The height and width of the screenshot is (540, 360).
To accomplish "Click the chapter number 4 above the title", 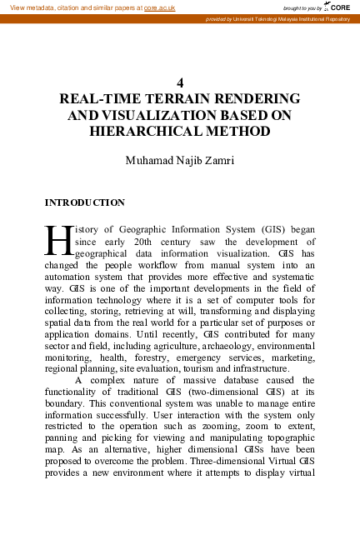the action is pyautogui.click(x=180, y=82).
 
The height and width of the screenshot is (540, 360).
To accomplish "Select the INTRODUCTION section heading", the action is pyautogui.click(x=85, y=202).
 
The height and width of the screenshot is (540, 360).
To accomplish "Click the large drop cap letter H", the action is pyautogui.click(x=57, y=238).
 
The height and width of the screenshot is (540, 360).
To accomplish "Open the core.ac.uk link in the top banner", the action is pyautogui.click(x=160, y=7).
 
